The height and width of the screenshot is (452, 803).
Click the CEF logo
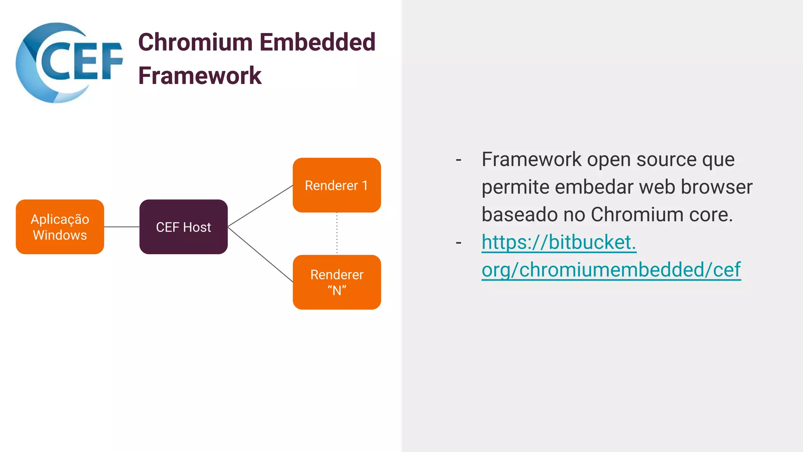(69, 63)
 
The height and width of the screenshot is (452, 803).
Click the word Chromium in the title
(195, 42)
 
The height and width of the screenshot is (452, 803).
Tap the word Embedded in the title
(317, 42)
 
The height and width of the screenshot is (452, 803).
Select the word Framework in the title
(200, 76)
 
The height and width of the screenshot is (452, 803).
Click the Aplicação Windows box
(60, 227)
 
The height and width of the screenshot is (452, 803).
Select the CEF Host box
(183, 227)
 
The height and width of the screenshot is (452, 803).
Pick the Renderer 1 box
(337, 185)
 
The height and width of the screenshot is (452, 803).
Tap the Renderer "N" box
(337, 282)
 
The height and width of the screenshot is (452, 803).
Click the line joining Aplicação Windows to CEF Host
(122, 227)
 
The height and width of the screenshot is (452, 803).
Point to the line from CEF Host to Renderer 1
(260, 206)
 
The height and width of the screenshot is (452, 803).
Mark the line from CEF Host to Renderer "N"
(260, 254)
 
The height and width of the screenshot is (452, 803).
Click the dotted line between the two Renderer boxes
(337, 234)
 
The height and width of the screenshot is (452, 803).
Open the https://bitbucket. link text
(559, 242)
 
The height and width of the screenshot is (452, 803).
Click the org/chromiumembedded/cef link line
(611, 270)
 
